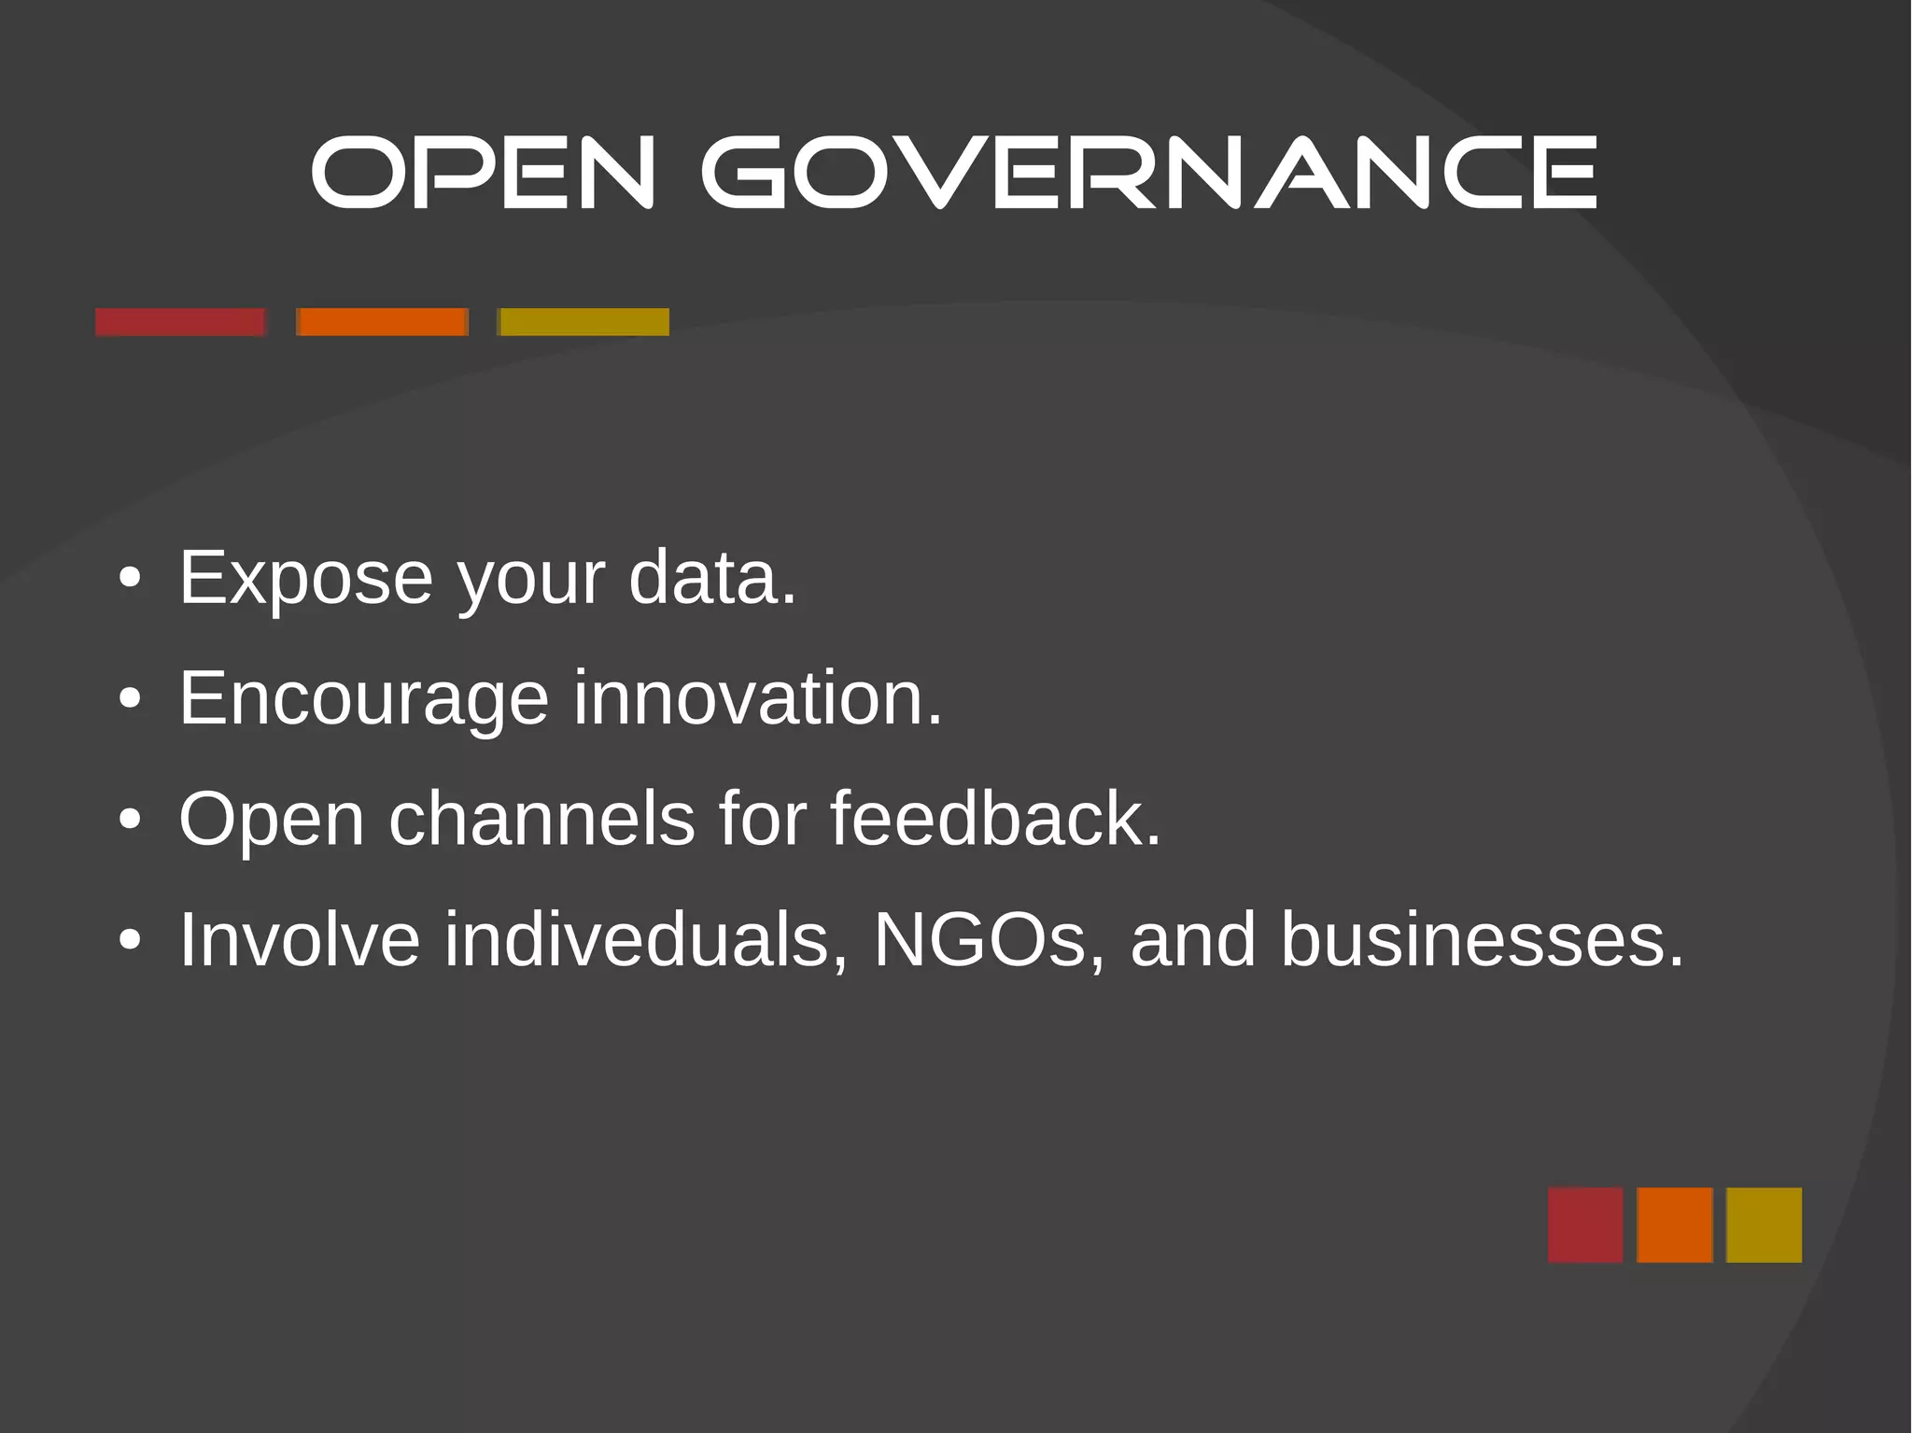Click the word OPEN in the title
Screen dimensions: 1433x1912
(x=483, y=173)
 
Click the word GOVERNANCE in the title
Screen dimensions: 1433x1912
(x=1149, y=173)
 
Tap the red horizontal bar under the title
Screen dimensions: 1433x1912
(x=180, y=322)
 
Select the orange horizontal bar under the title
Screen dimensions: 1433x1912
(x=382, y=322)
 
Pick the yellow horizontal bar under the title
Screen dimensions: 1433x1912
(x=583, y=322)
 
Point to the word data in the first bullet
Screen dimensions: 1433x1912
(x=712, y=579)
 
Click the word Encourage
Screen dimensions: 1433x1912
(x=363, y=699)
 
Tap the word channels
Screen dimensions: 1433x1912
(x=541, y=819)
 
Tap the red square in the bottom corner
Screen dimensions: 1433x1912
(x=1585, y=1225)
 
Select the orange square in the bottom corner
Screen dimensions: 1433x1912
(x=1675, y=1225)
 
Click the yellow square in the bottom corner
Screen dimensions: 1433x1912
(x=1764, y=1225)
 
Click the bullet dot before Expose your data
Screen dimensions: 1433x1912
(x=131, y=579)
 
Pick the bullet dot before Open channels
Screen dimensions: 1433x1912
(x=131, y=820)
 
